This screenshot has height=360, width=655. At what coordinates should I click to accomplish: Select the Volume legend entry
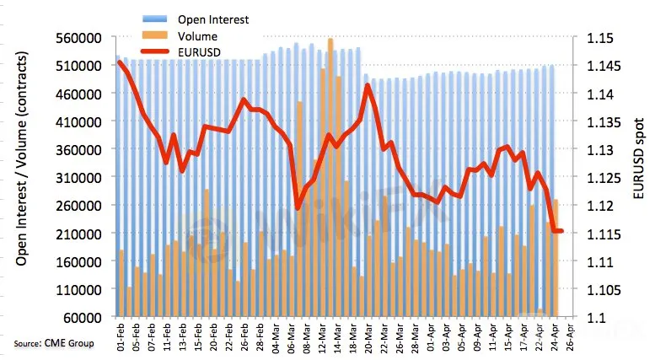point(196,36)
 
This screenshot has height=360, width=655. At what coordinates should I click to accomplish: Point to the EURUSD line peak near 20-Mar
point(367,85)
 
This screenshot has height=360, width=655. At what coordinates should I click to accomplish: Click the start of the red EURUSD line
point(120,62)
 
